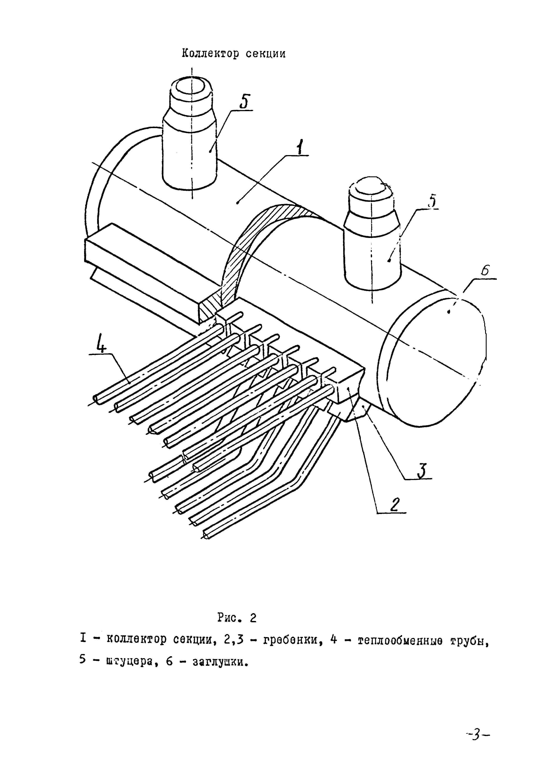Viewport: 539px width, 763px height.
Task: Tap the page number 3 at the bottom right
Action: tap(477, 736)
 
